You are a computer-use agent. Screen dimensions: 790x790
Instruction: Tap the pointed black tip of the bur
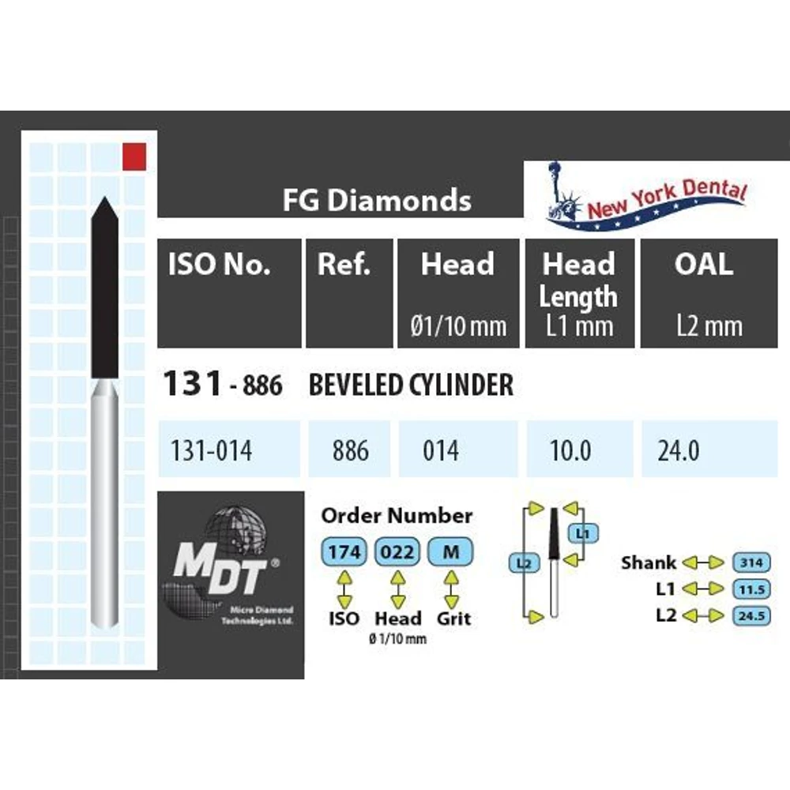coord(103,205)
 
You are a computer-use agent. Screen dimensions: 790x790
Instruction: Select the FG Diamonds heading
coord(377,201)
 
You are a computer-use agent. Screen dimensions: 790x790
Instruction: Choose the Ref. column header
coord(344,265)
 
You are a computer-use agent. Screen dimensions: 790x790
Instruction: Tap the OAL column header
coord(703,265)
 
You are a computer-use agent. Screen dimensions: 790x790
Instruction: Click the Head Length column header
coord(577,280)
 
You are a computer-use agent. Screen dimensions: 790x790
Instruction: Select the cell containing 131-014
coord(211,450)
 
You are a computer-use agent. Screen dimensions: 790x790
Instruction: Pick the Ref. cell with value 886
coord(350,450)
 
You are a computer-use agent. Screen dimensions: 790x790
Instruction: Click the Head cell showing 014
coord(440,450)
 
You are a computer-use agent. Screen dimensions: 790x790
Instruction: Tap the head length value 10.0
coord(570,450)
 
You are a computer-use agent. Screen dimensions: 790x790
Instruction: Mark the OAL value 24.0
coord(678,450)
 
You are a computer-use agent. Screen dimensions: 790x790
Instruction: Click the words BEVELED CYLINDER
coord(411,386)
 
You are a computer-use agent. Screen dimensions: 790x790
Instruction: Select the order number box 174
coord(344,552)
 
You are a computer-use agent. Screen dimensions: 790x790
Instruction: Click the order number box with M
coord(450,552)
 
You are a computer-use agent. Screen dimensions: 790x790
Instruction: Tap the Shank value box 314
coord(752,562)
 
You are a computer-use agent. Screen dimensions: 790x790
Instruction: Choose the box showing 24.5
coord(752,615)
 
